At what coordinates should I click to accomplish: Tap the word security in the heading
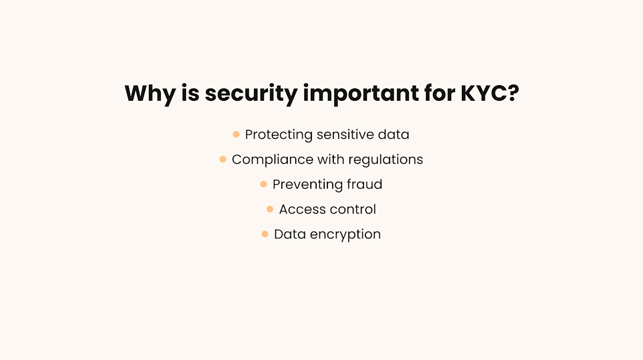tap(251, 94)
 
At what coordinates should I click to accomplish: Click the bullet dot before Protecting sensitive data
tap(236, 134)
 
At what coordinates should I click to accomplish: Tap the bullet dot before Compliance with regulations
tap(223, 159)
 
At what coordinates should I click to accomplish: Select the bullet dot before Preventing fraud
tap(264, 184)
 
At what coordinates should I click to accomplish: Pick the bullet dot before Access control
tap(270, 209)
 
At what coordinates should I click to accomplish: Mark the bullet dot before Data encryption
tap(265, 234)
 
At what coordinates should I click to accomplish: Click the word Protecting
tap(278, 134)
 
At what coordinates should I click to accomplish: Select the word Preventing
tap(305, 184)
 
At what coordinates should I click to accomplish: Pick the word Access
tap(303, 209)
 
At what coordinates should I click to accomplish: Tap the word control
tap(353, 209)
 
